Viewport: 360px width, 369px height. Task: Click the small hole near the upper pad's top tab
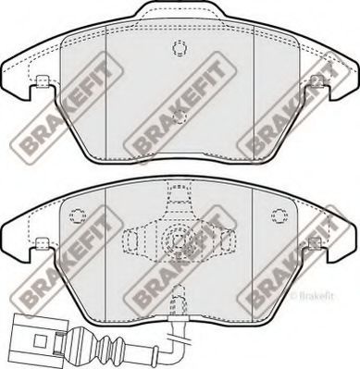coord(179,49)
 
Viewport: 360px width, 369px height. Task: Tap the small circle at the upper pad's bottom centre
coord(180,117)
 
